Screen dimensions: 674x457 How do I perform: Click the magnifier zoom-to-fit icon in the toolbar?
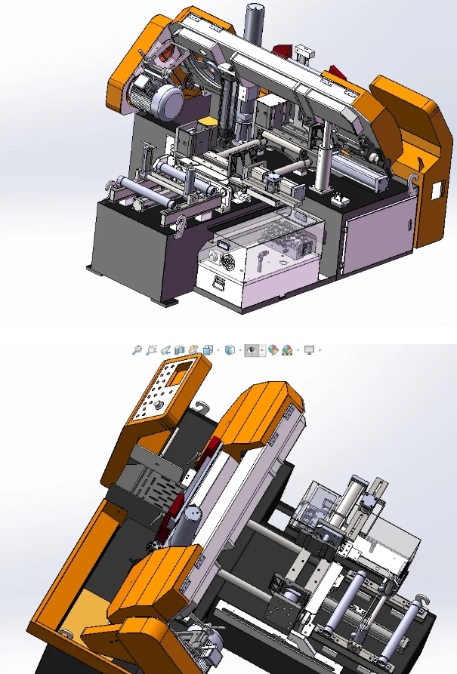tap(137, 350)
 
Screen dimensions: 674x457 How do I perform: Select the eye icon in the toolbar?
tap(252, 350)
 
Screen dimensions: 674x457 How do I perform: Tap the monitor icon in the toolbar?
tap(308, 350)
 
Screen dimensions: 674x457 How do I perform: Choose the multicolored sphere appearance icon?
tap(274, 350)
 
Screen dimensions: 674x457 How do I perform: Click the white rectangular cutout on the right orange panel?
tap(436, 188)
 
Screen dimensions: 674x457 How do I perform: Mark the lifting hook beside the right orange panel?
tap(412, 179)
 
